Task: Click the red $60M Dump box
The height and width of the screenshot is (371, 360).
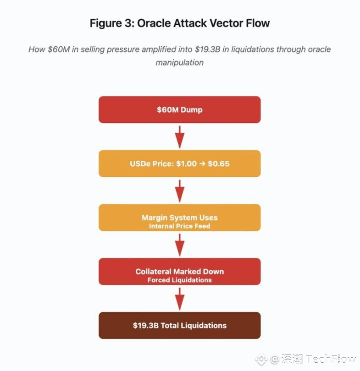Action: click(x=179, y=109)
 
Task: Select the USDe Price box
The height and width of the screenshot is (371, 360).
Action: click(x=179, y=164)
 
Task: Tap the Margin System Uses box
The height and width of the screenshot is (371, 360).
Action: click(x=179, y=218)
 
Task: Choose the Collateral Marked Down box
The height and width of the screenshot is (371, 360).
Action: click(x=179, y=271)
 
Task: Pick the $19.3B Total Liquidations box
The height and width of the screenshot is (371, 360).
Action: click(x=179, y=325)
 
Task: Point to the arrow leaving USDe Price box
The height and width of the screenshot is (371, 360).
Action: click(x=180, y=191)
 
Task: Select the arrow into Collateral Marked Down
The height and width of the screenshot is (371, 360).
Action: click(x=180, y=245)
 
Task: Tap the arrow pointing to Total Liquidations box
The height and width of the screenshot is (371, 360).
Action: click(x=180, y=299)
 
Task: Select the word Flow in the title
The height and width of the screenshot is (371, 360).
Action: click(x=257, y=23)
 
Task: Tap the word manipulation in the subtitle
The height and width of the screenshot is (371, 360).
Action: click(x=180, y=62)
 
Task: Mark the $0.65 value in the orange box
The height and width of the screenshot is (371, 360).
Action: click(x=219, y=164)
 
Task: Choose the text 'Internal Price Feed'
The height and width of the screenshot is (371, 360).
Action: click(x=179, y=226)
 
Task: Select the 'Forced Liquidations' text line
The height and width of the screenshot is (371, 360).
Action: click(x=179, y=280)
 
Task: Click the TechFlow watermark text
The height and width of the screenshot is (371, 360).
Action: click(x=330, y=359)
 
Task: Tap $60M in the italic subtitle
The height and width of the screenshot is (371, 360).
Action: click(x=59, y=49)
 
